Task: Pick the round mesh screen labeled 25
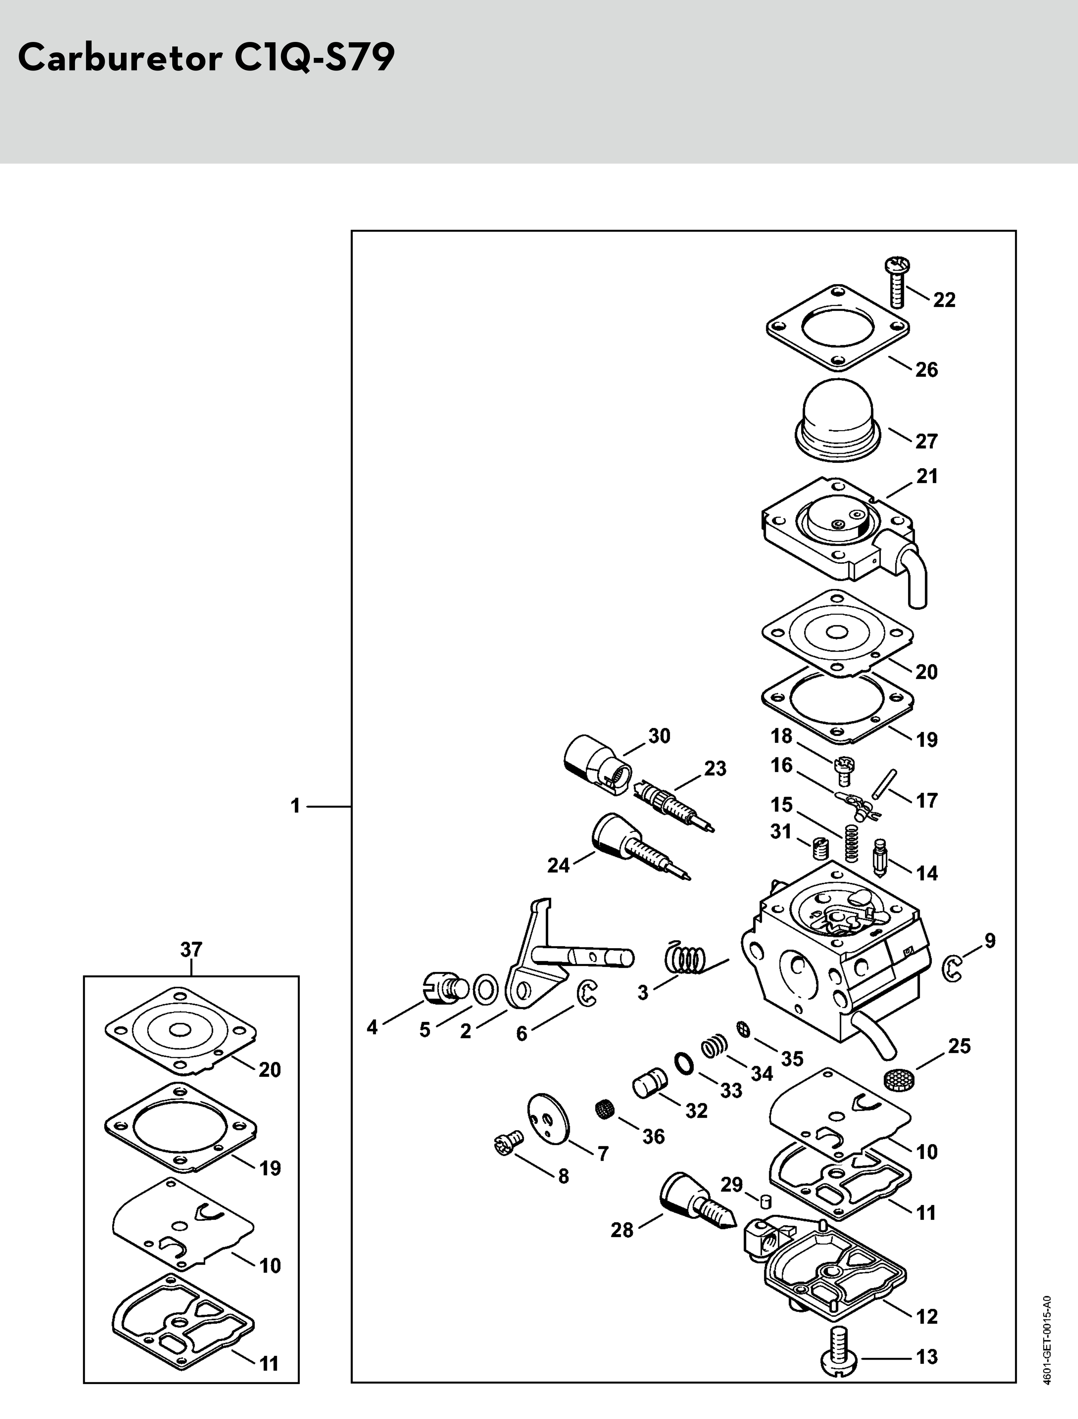tap(899, 1079)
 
